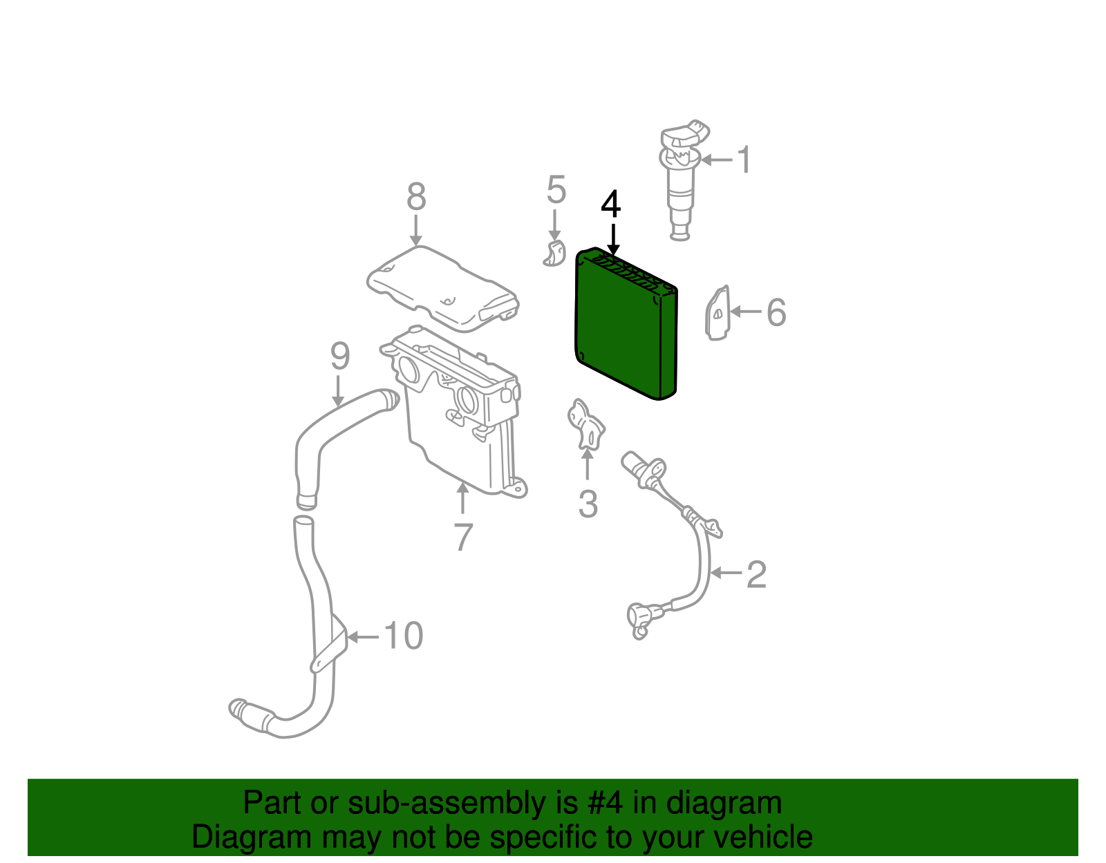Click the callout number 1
pyautogui.click(x=744, y=160)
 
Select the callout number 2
pyautogui.click(x=756, y=574)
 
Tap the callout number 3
pyautogui.click(x=588, y=504)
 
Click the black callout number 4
pyautogui.click(x=611, y=205)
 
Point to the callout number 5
pyautogui.click(x=556, y=190)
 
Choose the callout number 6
pyautogui.click(x=776, y=312)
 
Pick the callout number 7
pyautogui.click(x=463, y=537)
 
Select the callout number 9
pyautogui.click(x=340, y=356)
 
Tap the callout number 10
pyautogui.click(x=403, y=636)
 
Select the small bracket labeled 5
pyautogui.click(x=554, y=254)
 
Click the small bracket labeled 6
pyautogui.click(x=717, y=313)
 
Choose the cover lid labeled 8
pyautogui.click(x=442, y=289)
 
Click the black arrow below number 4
pyautogui.click(x=613, y=239)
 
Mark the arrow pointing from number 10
pyautogui.click(x=363, y=636)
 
